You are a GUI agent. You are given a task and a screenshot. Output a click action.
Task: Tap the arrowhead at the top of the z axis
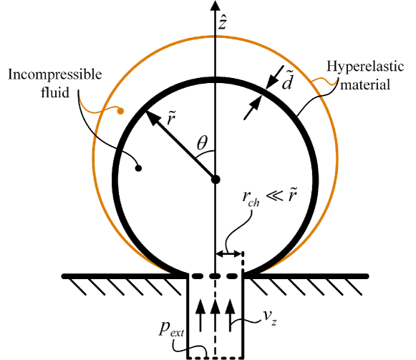pos(216,6)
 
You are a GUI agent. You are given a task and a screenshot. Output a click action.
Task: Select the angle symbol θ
pos(202,142)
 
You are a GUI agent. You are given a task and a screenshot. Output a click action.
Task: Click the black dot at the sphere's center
pos(216,180)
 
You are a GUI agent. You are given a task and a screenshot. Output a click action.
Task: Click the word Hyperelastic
pos(365,67)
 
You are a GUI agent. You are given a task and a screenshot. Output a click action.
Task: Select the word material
pos(365,85)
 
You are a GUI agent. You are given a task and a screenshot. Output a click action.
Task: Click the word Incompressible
pos(55,74)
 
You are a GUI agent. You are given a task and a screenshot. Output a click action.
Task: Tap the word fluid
pos(55,92)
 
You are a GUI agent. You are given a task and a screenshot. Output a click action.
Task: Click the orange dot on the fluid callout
pos(120,111)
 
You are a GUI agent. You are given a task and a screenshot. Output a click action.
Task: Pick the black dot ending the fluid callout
pos(138,168)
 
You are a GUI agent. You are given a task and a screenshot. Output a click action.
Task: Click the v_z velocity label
pos(270,317)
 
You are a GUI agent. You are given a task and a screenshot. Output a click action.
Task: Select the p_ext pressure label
pos(171,329)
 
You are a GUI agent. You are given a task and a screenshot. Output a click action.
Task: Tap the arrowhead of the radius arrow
pos(152,118)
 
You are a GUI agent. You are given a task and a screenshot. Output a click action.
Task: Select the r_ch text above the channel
pos(251,198)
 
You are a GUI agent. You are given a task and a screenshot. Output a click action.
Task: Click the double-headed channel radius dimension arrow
pos(229,254)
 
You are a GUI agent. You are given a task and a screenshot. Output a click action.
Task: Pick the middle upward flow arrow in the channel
pos(216,315)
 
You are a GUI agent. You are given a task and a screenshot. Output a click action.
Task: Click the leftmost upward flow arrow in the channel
pos(200,315)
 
